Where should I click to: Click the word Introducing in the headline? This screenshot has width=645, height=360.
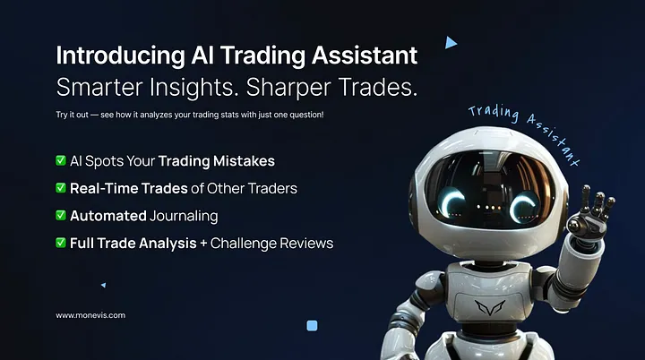(x=121, y=56)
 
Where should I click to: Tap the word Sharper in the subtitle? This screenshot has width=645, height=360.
(x=288, y=87)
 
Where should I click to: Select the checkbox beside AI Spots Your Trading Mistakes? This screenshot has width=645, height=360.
(x=61, y=160)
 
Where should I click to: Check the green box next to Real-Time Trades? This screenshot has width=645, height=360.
(x=61, y=187)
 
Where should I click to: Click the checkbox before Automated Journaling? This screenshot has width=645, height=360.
(x=61, y=215)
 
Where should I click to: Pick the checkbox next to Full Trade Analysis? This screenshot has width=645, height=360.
(x=61, y=243)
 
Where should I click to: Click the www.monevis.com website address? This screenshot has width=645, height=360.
(x=90, y=315)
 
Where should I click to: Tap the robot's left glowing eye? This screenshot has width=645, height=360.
(x=451, y=201)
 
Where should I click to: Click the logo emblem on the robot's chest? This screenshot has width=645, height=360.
(x=489, y=307)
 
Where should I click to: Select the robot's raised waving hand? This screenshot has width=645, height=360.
(x=589, y=214)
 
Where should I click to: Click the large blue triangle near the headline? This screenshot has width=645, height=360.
(x=451, y=42)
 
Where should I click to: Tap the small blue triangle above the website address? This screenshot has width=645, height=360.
(x=104, y=285)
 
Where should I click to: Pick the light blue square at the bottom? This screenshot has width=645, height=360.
(x=313, y=326)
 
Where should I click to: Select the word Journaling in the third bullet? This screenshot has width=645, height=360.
(x=184, y=217)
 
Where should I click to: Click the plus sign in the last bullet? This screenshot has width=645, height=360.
(x=203, y=244)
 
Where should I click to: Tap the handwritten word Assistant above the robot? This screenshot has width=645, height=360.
(x=554, y=139)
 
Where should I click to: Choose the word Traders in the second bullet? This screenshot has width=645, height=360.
(x=272, y=188)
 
